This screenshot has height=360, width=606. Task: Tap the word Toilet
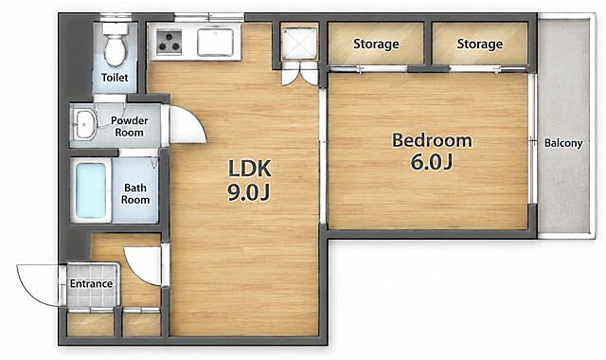point(115,78)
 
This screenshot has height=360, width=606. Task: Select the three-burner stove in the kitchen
point(169,42)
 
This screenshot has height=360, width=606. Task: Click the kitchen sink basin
point(215,42)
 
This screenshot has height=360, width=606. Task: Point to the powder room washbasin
point(84,124)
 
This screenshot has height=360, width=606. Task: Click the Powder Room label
point(129,126)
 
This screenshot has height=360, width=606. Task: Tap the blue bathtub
point(91,190)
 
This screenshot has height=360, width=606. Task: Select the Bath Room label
point(135,193)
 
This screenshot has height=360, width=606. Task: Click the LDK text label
point(250,169)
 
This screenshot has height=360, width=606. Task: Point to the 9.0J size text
point(248,192)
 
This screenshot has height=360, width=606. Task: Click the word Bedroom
point(432,140)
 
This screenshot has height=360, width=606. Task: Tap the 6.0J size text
point(432,162)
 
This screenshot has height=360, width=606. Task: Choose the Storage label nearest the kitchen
point(376,44)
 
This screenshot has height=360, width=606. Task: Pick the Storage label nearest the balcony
point(480,44)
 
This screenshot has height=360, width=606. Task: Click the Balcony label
point(563,143)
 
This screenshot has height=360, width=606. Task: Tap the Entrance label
point(91,283)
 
